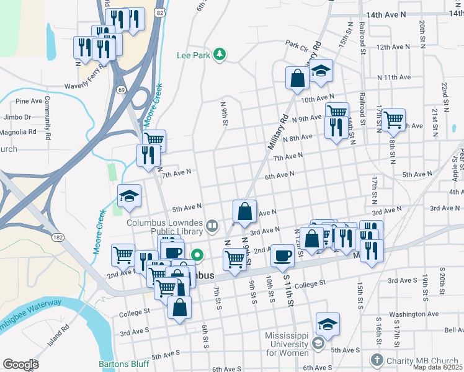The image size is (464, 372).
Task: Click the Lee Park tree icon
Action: click(x=218, y=55)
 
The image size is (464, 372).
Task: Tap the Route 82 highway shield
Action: click(x=161, y=12)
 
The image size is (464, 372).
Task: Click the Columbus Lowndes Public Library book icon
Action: click(x=212, y=226)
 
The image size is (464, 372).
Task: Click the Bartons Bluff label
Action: click(x=123, y=364)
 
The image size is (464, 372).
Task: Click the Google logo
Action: click(x=20, y=365)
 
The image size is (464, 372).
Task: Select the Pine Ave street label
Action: click(x=29, y=101)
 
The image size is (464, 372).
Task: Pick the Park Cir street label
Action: click(x=297, y=44)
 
